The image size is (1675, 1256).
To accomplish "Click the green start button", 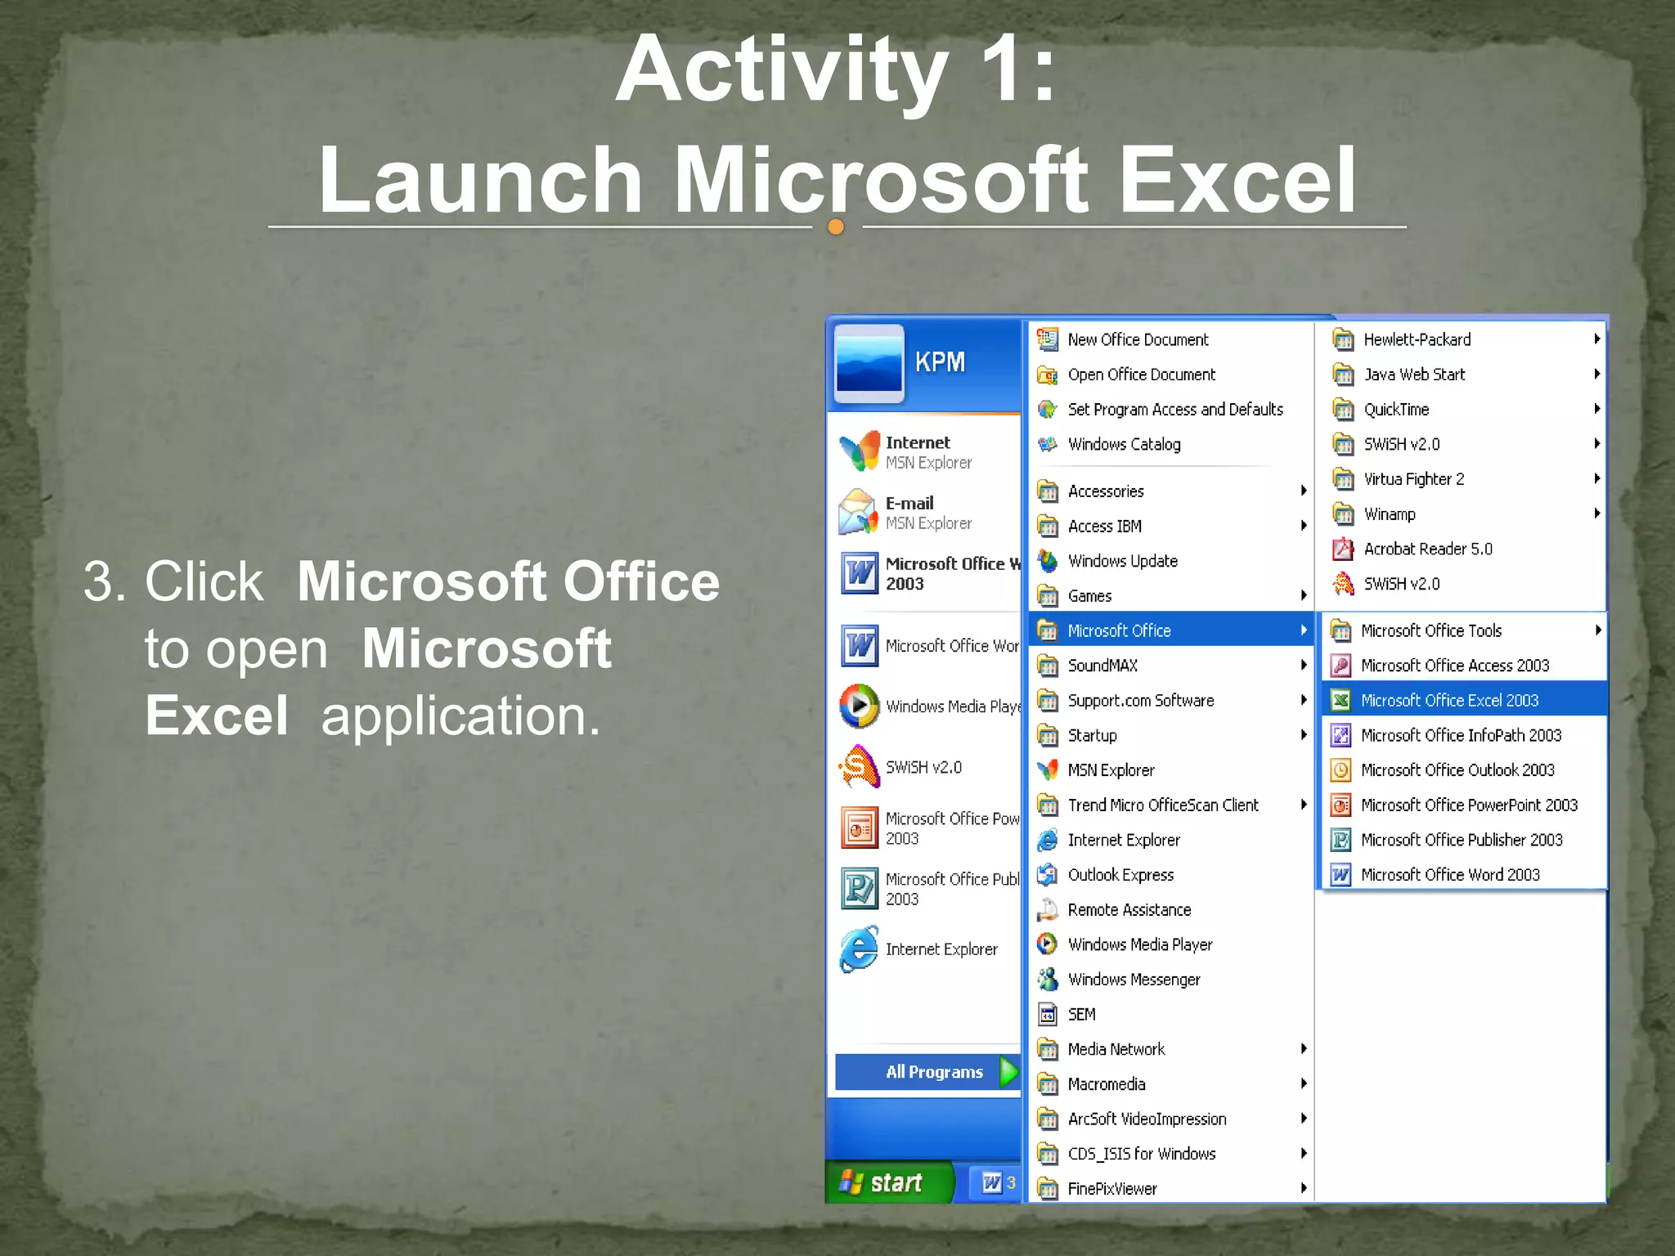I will pos(887,1182).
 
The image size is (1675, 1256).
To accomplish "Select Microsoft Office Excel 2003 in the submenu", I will pos(1448,701).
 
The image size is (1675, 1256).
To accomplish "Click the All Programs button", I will pos(934,1072).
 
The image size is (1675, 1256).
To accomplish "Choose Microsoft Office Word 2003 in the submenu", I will pos(1449,875).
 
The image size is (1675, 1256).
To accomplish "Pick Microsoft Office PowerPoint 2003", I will pos(1468,805).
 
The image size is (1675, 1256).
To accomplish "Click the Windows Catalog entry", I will pos(1124,445).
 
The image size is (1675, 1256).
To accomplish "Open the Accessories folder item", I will pos(1105,491).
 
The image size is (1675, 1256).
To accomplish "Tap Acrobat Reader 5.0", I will pos(1427,549).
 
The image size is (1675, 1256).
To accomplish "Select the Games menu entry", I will pos(1089,596).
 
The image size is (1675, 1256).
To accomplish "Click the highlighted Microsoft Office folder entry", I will pos(1119,631).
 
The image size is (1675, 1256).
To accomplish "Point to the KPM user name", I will pos(940,362).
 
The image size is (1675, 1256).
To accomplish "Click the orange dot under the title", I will pos(835,227).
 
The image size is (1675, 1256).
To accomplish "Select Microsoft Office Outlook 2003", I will pos(1457,770).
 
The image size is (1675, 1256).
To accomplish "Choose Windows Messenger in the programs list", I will pos(1134,980).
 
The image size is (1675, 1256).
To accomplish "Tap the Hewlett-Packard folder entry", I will pos(1417,340).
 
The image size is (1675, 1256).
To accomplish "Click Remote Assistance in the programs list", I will pos(1129,910).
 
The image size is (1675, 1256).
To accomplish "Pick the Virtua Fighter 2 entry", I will pos(1413,479).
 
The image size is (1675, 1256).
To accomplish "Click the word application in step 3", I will pos(460,716).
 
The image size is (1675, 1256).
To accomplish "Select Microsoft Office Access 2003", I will pos(1454,666).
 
